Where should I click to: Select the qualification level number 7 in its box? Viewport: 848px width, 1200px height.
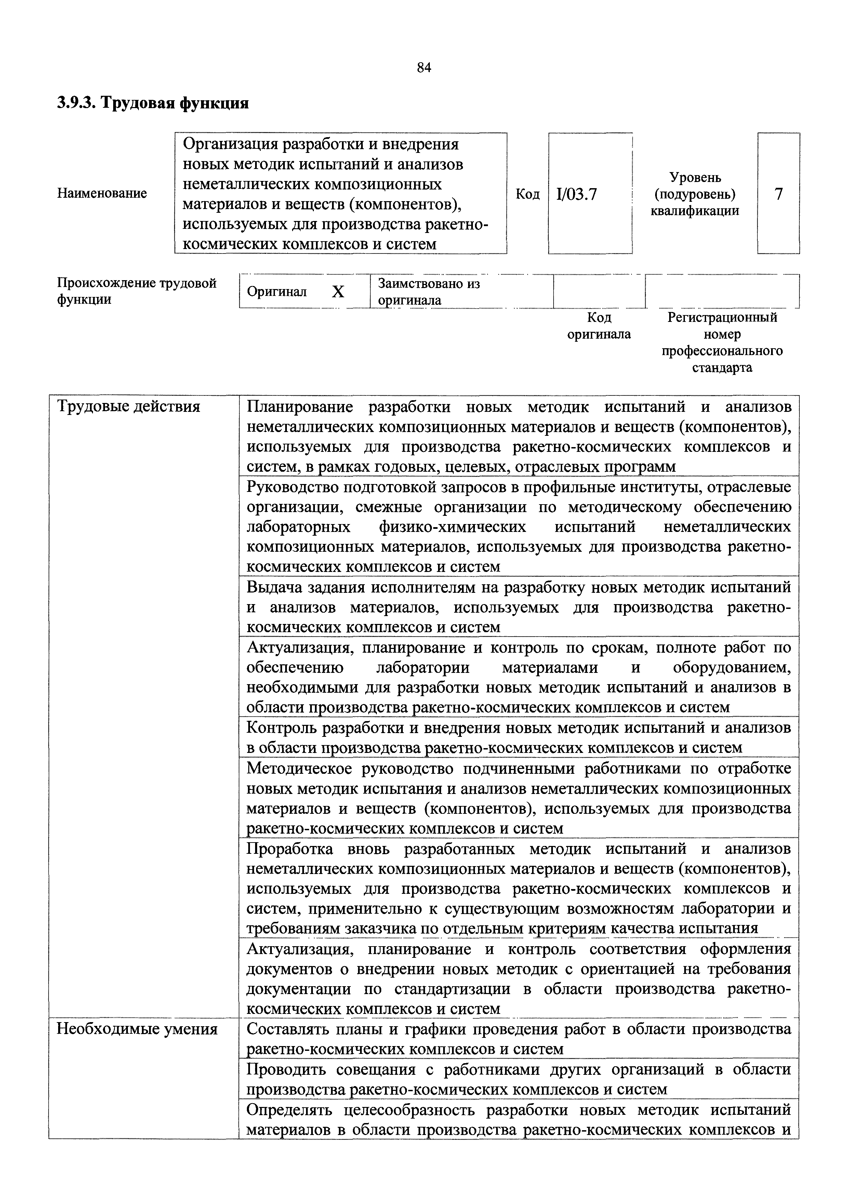click(779, 194)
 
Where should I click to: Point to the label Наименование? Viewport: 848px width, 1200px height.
click(102, 193)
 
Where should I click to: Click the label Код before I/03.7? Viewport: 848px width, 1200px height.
click(528, 194)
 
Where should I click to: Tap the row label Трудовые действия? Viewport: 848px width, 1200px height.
click(128, 406)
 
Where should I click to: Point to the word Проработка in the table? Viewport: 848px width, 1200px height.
click(290, 848)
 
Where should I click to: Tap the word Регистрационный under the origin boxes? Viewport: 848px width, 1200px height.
click(722, 317)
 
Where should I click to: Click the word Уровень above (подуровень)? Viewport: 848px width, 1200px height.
click(695, 178)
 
